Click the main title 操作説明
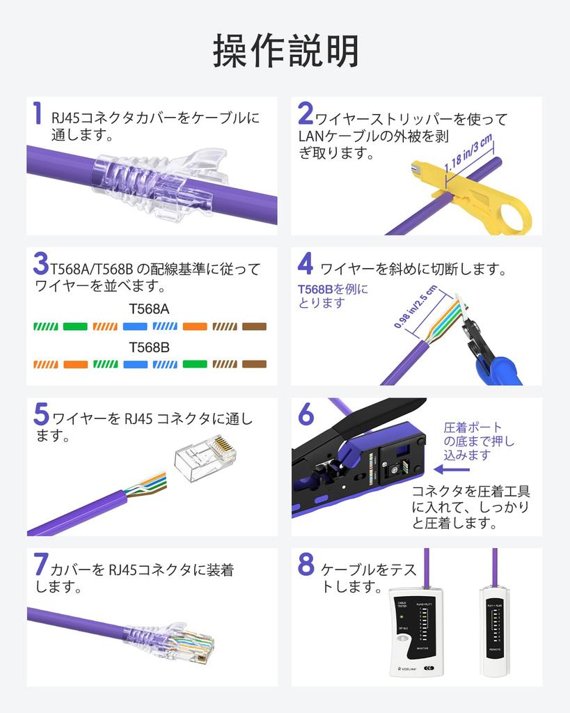[285, 51]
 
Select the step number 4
[305, 264]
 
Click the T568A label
[149, 308]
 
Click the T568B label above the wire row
[149, 346]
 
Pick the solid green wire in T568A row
[74, 326]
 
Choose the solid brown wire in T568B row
[254, 364]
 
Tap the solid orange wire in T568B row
[74, 364]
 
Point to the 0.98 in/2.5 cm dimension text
[415, 306]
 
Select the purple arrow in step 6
[453, 469]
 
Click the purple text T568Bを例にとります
[332, 296]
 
